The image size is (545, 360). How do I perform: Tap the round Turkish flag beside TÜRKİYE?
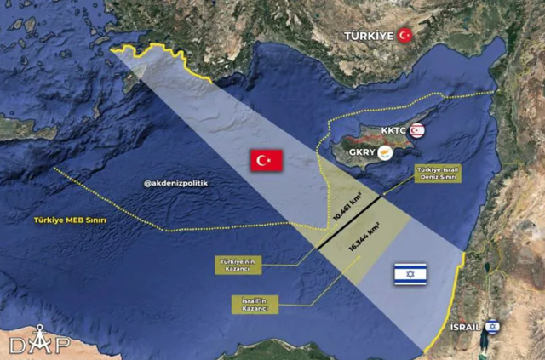point(405,35)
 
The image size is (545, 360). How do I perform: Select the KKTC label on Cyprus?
point(395,130)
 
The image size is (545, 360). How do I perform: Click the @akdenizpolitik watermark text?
point(177,183)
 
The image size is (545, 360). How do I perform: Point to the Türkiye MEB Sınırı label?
point(70,220)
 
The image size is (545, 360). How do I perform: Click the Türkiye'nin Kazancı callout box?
point(232,265)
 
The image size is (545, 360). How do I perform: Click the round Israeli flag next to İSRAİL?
point(492,325)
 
